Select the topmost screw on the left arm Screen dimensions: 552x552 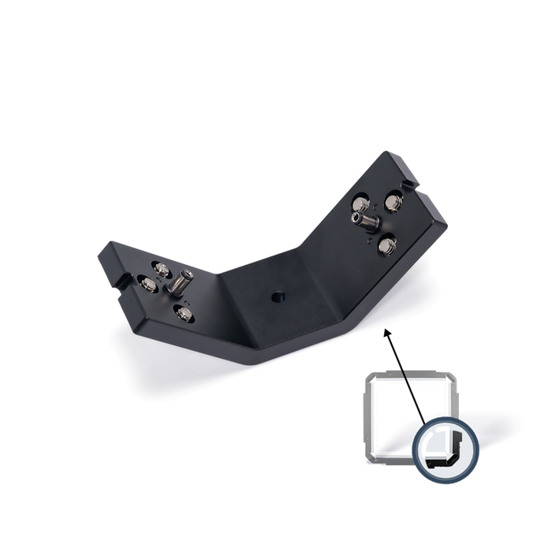pos(160,269)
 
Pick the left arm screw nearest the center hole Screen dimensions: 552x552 pos(184,315)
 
